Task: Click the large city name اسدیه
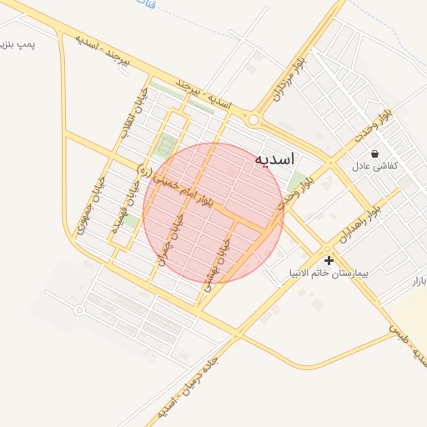click(x=274, y=158)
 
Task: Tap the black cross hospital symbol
click(x=329, y=260)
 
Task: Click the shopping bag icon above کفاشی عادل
click(x=374, y=153)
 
